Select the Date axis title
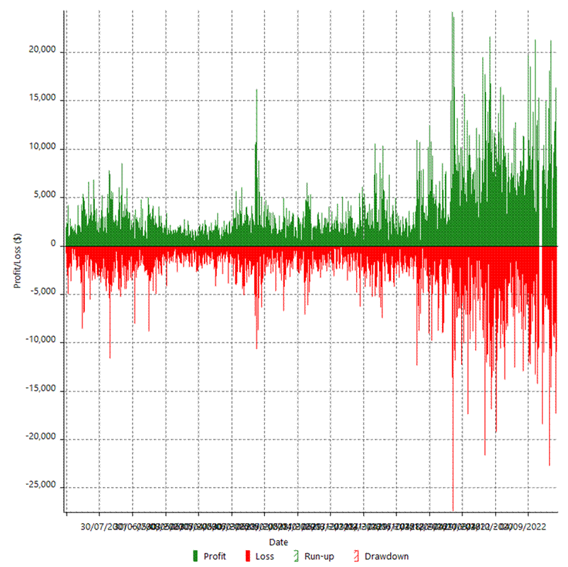279,542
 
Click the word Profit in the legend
215,556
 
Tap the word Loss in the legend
264,556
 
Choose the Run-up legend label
319,556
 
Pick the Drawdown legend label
386,556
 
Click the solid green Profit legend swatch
195,556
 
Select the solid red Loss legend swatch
248,556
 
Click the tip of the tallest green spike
452,12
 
